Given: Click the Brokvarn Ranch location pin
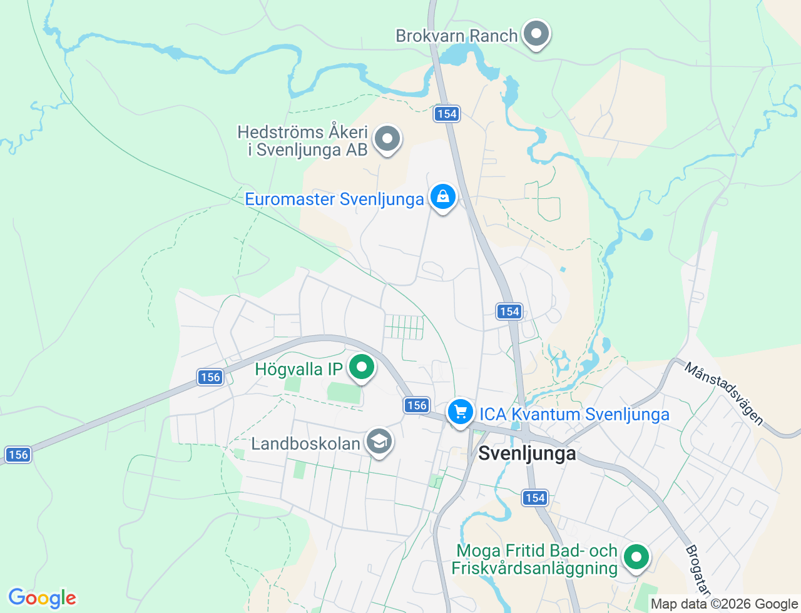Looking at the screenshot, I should tap(536, 34).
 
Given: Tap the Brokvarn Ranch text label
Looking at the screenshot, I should tap(456, 36).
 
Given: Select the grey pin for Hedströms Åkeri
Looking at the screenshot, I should tap(387, 138).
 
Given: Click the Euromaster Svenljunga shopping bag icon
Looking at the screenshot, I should tap(443, 197).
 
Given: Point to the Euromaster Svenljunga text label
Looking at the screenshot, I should tap(334, 200).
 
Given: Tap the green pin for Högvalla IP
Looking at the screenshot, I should tap(361, 367).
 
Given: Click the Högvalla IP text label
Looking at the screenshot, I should tap(298, 369).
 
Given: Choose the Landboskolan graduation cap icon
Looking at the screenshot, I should tap(379, 442).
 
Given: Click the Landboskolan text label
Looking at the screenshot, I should tap(305, 444).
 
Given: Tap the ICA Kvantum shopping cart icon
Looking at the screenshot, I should tap(461, 412).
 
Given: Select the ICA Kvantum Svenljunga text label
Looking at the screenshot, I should tap(574, 414).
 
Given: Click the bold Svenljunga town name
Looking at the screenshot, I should tap(527, 453).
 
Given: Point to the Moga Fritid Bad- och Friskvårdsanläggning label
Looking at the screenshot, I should tap(536, 559).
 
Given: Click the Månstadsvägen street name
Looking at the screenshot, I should tap(724, 393).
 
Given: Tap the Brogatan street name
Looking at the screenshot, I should tap(698, 570).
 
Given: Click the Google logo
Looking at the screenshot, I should tap(42, 598).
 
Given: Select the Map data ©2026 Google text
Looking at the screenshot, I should tap(724, 604).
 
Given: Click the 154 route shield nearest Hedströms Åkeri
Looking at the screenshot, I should tap(447, 114).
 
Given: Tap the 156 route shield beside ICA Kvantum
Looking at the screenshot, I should tap(417, 405).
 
